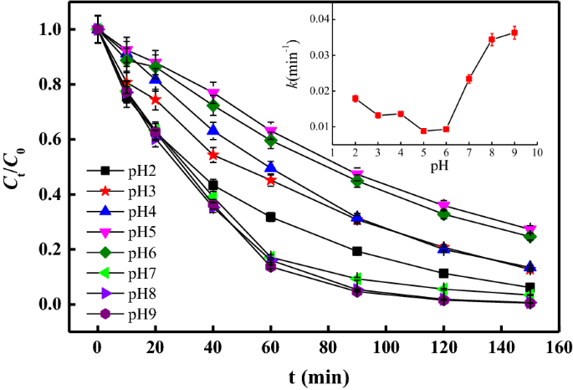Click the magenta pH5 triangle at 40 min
(212, 93)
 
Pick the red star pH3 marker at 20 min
(155, 100)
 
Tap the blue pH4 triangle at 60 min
(270, 168)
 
